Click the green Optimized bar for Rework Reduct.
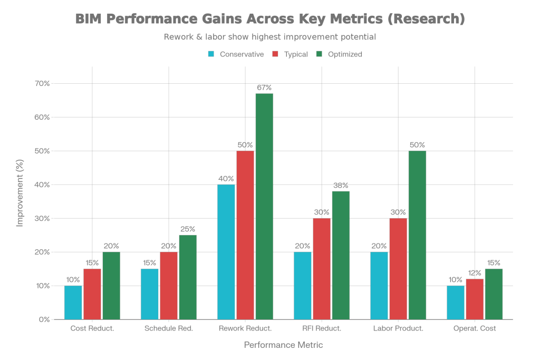(264, 206)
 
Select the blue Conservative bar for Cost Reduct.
(73, 302)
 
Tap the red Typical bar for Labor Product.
(398, 268)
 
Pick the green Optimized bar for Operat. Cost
(494, 294)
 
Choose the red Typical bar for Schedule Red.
(169, 285)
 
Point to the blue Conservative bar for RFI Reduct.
(303, 285)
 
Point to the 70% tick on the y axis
(43, 83)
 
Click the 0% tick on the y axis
(44, 319)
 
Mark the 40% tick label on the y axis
(43, 184)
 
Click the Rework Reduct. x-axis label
(245, 328)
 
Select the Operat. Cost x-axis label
(475, 328)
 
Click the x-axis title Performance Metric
(283, 345)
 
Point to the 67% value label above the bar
(264, 87)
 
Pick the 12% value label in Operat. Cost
(475, 273)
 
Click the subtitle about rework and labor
(269, 37)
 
